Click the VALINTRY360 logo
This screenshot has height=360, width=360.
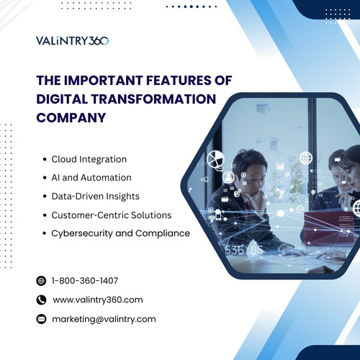(72, 40)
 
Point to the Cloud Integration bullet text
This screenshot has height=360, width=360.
(89, 158)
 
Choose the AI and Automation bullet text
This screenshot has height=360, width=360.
(91, 177)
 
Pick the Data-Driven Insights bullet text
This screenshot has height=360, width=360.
(96, 196)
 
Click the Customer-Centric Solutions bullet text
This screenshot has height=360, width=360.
(110, 215)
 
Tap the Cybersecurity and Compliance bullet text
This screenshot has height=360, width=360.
(121, 233)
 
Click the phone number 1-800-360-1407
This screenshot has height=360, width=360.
(85, 281)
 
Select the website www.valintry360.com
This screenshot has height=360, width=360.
(98, 300)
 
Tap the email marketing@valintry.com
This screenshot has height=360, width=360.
(104, 318)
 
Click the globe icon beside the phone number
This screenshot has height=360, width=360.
(40, 281)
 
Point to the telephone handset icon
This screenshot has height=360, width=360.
(40, 300)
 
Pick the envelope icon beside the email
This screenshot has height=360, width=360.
(40, 318)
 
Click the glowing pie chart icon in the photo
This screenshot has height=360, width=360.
(215, 159)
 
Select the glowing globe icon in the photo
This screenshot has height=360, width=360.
(305, 158)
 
